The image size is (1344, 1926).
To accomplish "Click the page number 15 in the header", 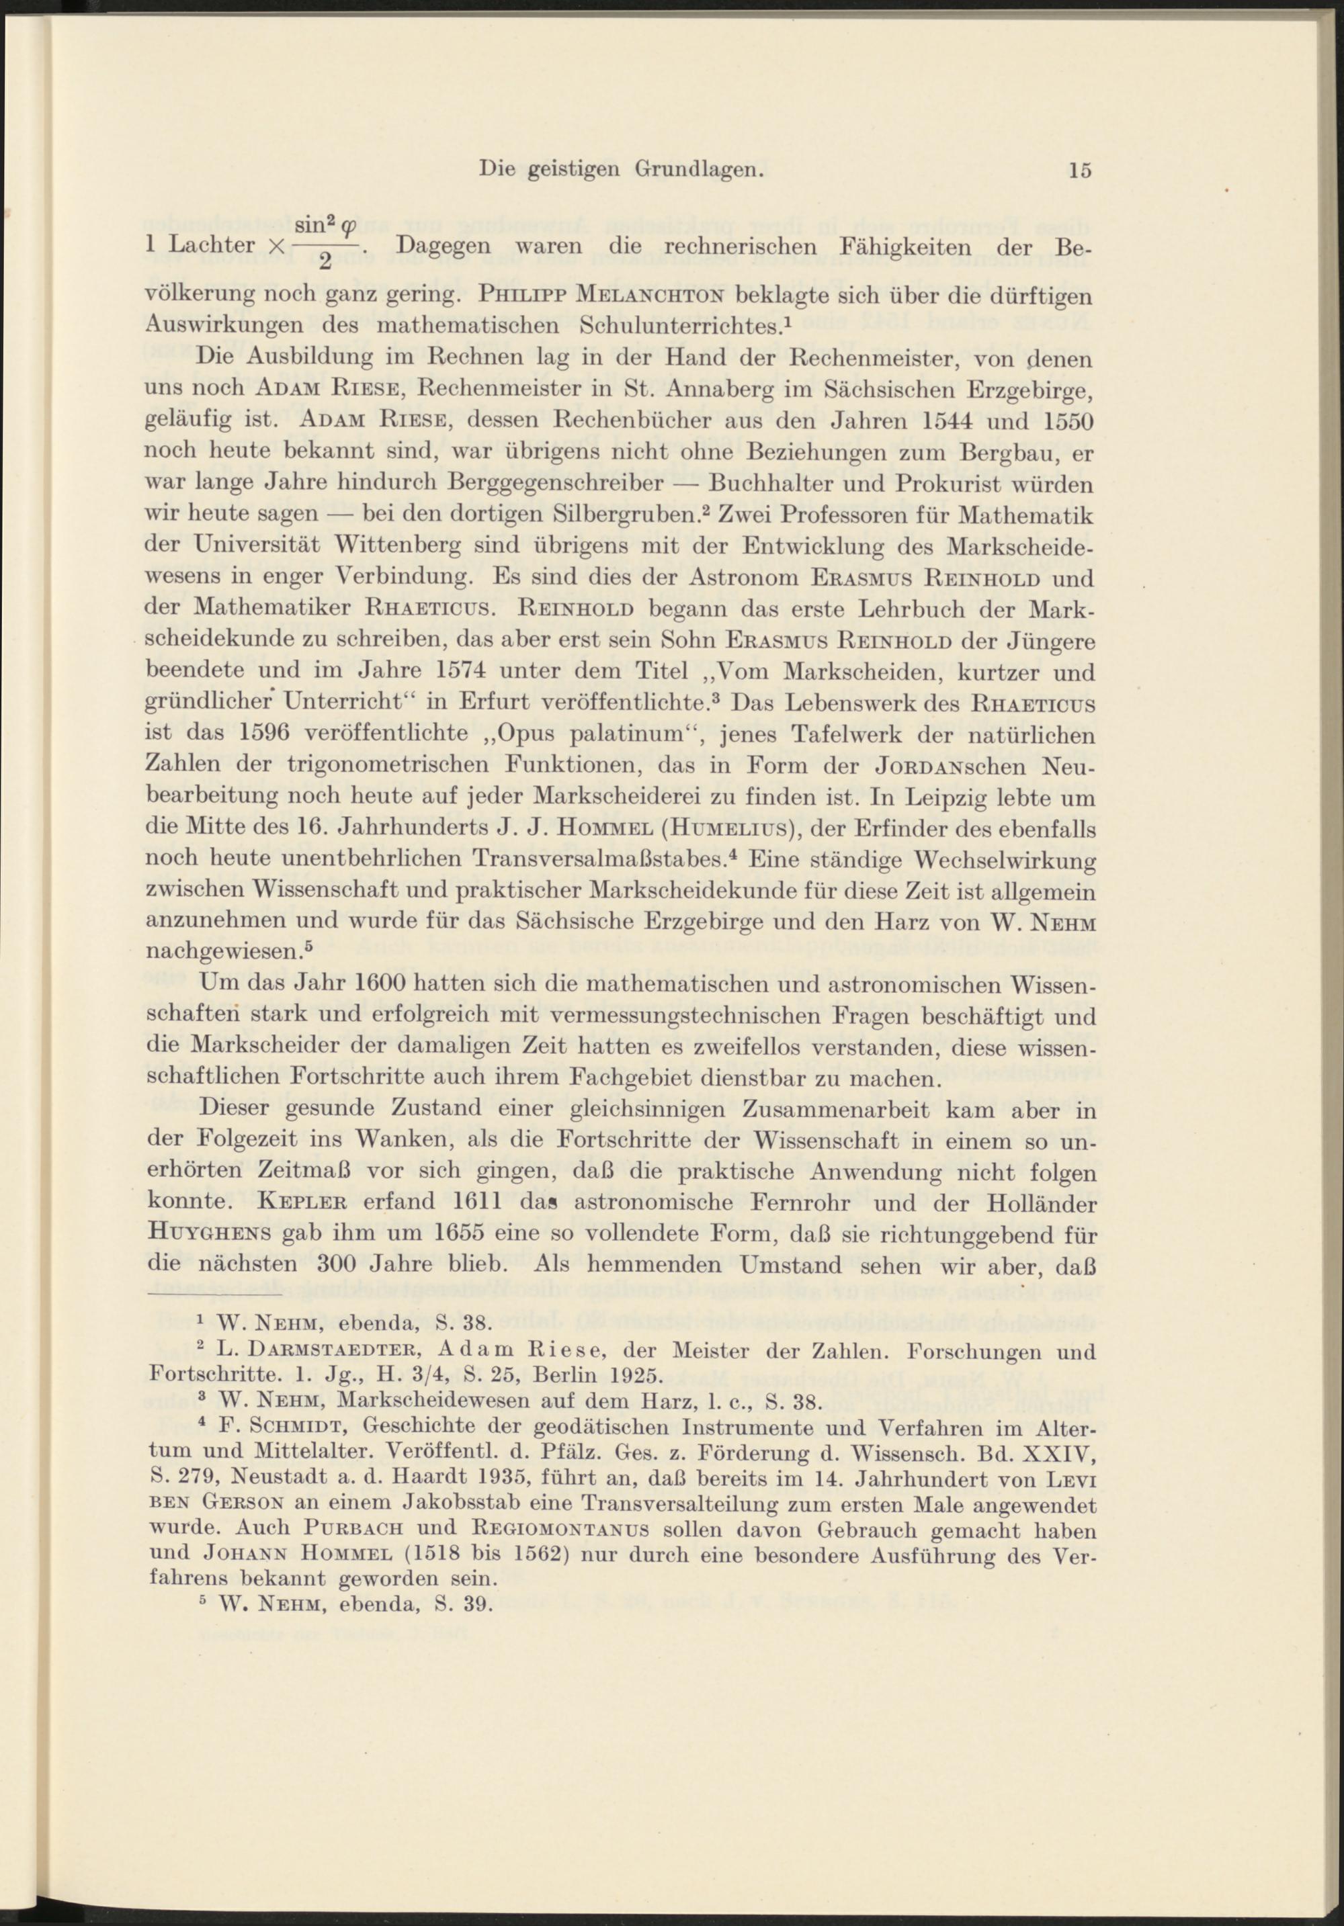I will pyautogui.click(x=1080, y=169).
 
